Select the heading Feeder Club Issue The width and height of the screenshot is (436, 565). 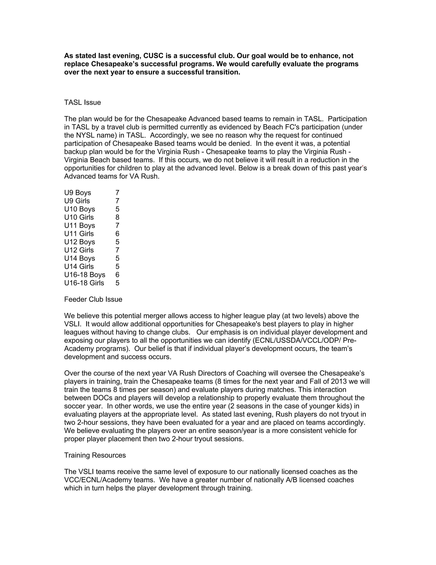93,299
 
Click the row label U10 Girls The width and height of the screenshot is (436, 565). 79,217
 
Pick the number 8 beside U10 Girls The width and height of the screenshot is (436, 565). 117,217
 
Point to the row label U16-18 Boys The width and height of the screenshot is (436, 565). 85,275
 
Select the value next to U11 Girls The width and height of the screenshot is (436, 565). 117,234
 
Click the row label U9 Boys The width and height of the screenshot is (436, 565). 77,193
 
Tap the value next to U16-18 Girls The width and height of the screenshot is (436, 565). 117,283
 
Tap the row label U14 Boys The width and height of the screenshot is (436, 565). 80,258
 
